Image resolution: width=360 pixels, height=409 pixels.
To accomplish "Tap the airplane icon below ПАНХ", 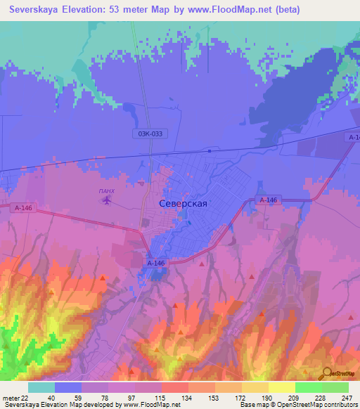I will coord(107,201).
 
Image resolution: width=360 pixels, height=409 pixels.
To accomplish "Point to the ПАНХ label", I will coord(106,190).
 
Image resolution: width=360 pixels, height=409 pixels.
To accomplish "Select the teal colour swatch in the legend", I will coord(41,387).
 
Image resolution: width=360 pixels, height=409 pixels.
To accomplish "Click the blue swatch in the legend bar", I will coord(67,387).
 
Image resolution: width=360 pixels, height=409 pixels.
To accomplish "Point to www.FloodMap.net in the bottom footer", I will coord(150,405).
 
